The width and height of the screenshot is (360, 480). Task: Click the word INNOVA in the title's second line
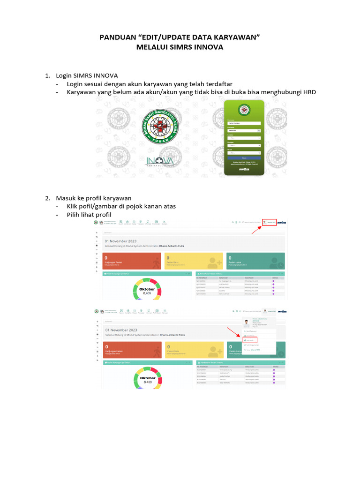(208, 47)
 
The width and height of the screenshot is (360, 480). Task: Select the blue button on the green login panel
(243, 158)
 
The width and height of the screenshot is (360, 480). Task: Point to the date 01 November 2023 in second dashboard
(121, 330)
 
